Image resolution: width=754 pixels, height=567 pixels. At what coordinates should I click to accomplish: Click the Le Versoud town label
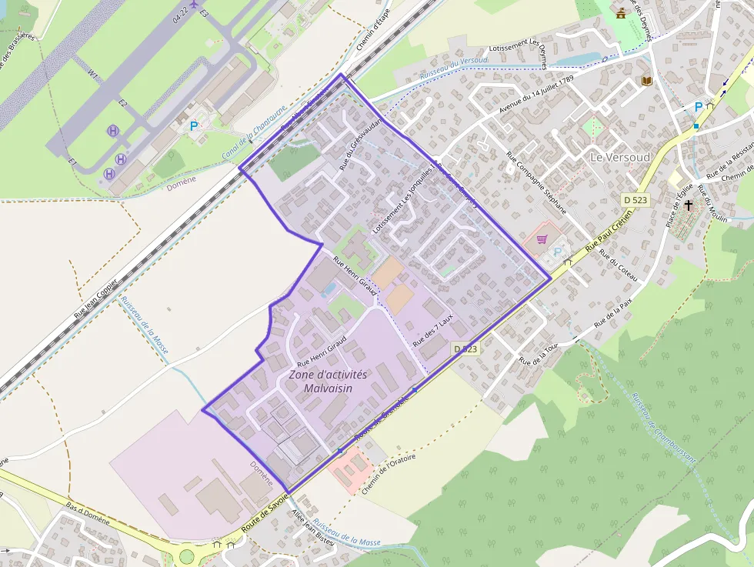coord(619,157)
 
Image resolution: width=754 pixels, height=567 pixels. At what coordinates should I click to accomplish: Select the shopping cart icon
coord(542,239)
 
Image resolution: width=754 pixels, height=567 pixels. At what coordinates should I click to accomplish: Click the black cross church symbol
coord(689,205)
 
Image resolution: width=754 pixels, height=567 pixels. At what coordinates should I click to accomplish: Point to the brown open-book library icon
coord(647,81)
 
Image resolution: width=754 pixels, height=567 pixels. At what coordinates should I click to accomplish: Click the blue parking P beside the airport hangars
coord(194,125)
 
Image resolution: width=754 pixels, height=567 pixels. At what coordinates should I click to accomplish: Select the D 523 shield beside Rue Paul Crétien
coord(635,200)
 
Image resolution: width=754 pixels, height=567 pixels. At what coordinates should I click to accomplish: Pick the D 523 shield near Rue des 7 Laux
coord(465,349)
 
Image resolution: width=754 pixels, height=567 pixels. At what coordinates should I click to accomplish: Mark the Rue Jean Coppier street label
coord(96,299)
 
